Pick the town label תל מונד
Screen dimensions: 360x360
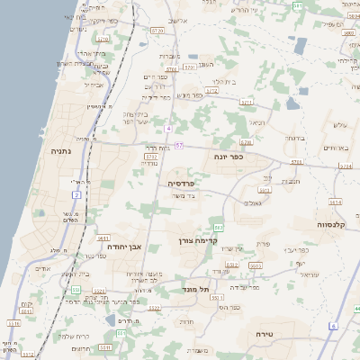195,289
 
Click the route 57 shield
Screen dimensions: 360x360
180,145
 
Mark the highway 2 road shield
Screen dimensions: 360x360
76,194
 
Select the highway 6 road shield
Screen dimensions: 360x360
332,325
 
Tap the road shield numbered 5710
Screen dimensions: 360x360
103,39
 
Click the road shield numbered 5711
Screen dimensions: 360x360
189,67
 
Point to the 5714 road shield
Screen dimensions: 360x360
335,202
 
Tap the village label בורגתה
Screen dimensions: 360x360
296,138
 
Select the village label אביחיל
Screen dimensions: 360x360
94,85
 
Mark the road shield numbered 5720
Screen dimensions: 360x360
158,31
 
